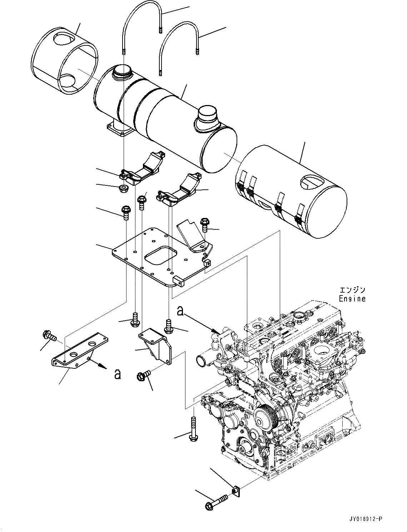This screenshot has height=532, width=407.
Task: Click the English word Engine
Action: pos(352,298)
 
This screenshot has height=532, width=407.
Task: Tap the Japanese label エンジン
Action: pos(352,290)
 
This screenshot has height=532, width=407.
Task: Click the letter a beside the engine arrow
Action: pos(180,311)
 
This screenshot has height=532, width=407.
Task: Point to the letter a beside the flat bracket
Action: pos(116,374)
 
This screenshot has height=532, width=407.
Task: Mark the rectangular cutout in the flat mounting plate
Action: pos(161,254)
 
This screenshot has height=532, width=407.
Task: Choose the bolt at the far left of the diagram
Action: pos(49,335)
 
